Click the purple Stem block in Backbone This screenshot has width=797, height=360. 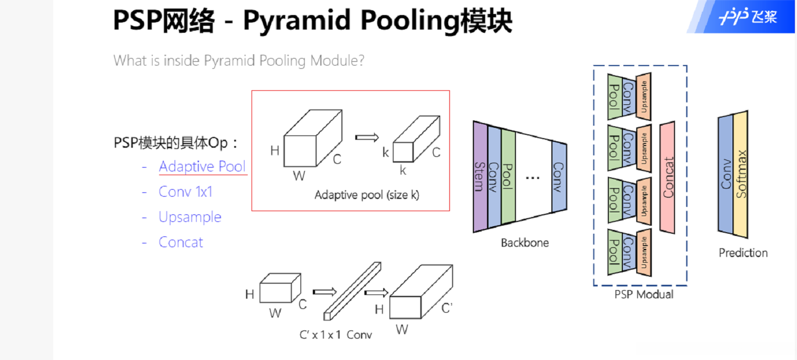click(480, 177)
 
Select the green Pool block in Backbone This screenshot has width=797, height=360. click(508, 177)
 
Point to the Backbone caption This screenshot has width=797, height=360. click(525, 243)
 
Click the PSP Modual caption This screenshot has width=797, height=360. click(643, 294)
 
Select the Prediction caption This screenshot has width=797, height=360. click(743, 253)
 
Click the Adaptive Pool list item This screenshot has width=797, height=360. click(202, 167)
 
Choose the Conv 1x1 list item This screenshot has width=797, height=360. click(185, 192)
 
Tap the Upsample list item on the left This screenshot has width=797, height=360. click(190, 217)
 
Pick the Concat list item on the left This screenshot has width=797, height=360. click(181, 242)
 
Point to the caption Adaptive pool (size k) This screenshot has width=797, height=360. click(367, 195)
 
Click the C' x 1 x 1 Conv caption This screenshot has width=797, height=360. click(335, 335)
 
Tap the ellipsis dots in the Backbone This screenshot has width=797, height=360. click(532, 178)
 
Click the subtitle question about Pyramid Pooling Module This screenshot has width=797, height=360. click(239, 60)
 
